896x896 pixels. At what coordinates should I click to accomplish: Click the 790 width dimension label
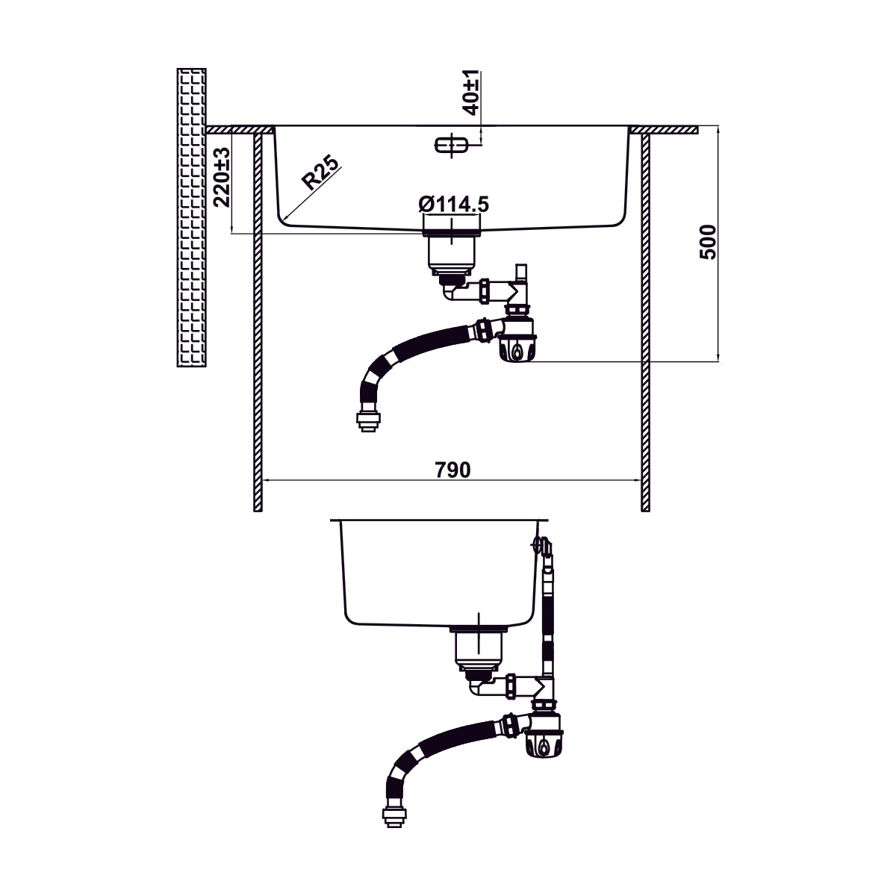(452, 470)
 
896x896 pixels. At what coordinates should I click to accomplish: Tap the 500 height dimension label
(708, 241)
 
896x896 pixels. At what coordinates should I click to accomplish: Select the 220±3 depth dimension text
(221, 177)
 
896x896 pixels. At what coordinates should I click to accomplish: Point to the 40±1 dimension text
(470, 92)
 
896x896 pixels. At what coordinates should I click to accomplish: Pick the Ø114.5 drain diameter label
(454, 203)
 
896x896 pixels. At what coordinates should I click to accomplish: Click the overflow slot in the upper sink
(451, 145)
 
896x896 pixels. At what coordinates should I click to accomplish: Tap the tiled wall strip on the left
(191, 217)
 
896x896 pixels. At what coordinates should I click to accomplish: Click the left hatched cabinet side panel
(258, 321)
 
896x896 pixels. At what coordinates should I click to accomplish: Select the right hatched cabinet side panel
(645, 321)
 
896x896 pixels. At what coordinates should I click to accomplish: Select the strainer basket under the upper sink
(451, 254)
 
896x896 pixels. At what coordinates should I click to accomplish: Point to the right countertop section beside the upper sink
(665, 130)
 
